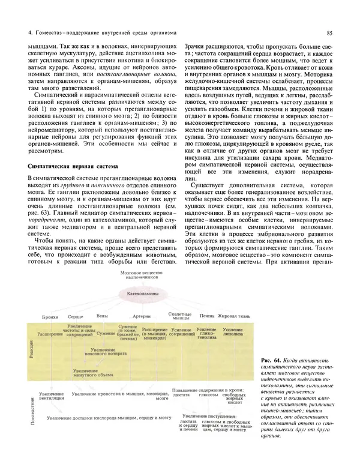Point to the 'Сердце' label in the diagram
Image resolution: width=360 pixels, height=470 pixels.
[76, 316]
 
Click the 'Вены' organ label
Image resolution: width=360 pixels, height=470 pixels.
[102, 316]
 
